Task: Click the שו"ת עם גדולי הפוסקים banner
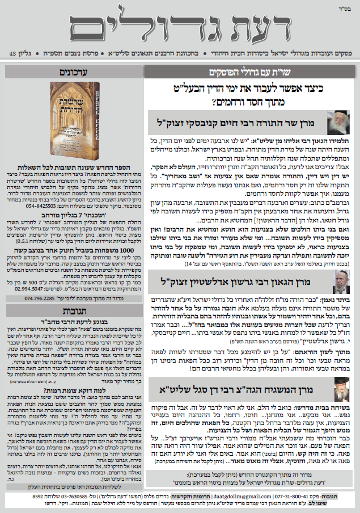[249, 73]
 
